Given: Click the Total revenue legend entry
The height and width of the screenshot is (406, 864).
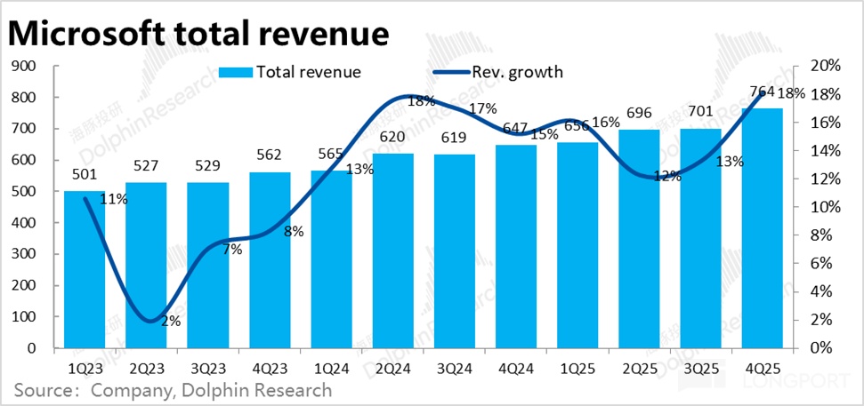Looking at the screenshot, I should pyautogui.click(x=290, y=72).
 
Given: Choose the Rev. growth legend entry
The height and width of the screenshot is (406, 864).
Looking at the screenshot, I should pyautogui.click(x=497, y=72).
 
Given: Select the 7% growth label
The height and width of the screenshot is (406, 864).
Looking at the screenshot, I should pyautogui.click(x=233, y=250).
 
